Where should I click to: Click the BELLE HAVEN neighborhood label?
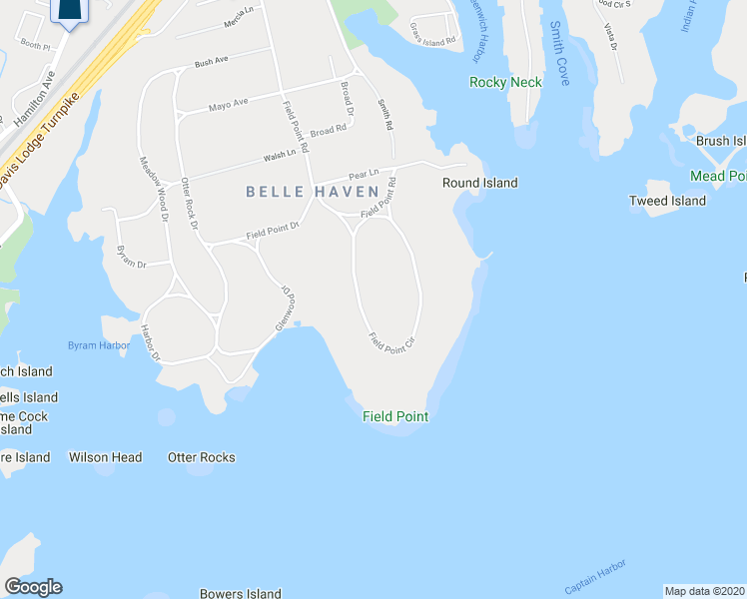(x=313, y=191)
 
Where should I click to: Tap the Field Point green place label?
(x=395, y=416)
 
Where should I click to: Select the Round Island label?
(x=480, y=183)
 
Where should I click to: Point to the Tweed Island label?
(x=667, y=201)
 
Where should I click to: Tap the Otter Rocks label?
(x=202, y=457)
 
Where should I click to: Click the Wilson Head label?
(x=105, y=457)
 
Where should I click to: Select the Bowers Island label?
(x=240, y=593)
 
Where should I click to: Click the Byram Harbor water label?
(x=98, y=345)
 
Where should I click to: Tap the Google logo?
(x=33, y=587)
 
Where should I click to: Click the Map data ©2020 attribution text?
(x=705, y=590)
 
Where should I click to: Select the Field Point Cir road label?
(x=391, y=340)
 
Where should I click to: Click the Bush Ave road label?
(x=211, y=62)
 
